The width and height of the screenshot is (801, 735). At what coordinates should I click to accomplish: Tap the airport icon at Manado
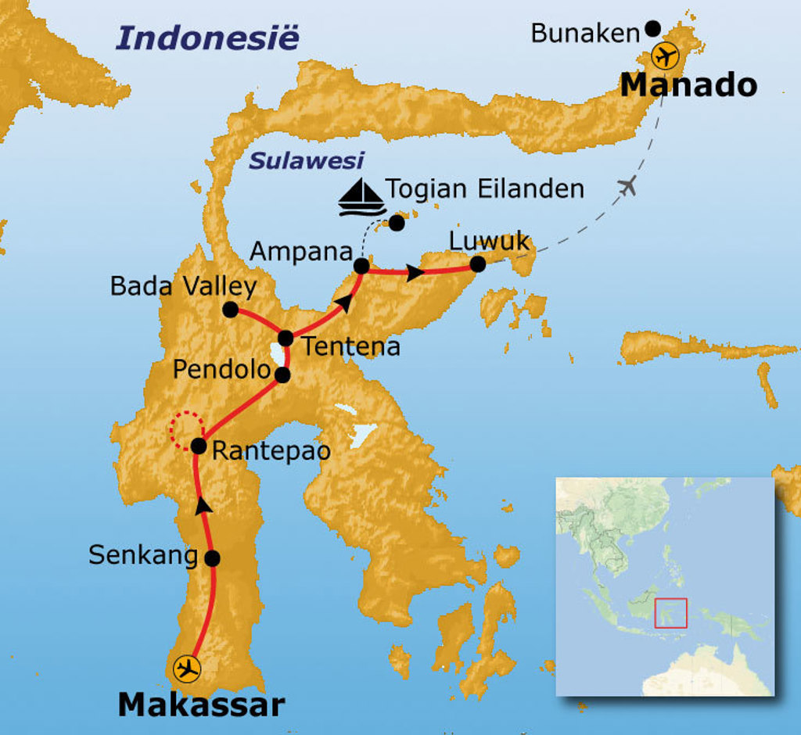666,57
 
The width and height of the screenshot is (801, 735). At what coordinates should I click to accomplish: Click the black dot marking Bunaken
653,30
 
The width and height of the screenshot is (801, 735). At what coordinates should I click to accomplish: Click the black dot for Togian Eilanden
397,223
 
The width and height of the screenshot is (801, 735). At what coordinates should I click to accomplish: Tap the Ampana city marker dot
361,267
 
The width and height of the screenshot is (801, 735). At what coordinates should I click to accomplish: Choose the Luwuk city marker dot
477,265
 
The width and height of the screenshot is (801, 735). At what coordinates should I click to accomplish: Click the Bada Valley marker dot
230,310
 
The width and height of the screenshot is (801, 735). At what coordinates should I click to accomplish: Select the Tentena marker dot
286,338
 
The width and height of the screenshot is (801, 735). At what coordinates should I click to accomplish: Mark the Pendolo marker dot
283,375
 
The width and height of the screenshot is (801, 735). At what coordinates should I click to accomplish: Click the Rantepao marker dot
198,447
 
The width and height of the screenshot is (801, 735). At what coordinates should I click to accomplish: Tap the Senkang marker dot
211,558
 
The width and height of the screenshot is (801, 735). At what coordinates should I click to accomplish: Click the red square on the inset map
670,612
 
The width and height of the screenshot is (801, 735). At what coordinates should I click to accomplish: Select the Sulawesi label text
307,161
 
